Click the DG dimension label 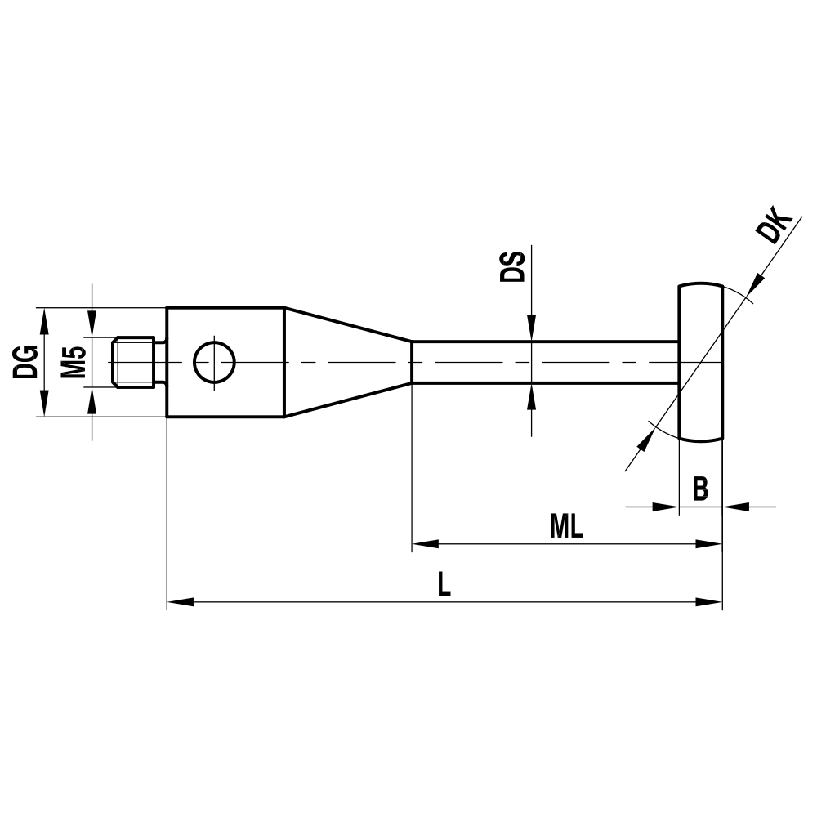click(x=26, y=362)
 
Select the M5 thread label click(x=74, y=362)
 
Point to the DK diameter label click(x=774, y=228)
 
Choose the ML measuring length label click(x=566, y=527)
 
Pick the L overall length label click(x=444, y=584)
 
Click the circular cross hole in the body click(x=214, y=362)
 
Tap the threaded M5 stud click(x=135, y=362)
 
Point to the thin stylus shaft click(x=543, y=362)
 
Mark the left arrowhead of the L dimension click(x=180, y=602)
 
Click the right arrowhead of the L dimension click(x=709, y=602)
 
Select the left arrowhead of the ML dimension click(x=425, y=543)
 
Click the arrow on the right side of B click(x=737, y=507)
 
